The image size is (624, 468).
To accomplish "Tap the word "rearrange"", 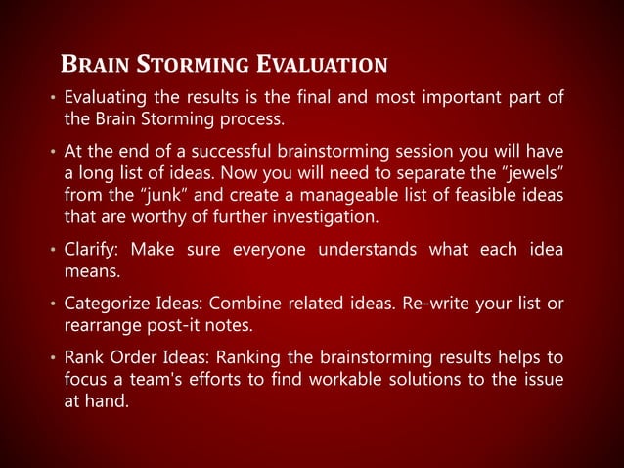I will (100, 325).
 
